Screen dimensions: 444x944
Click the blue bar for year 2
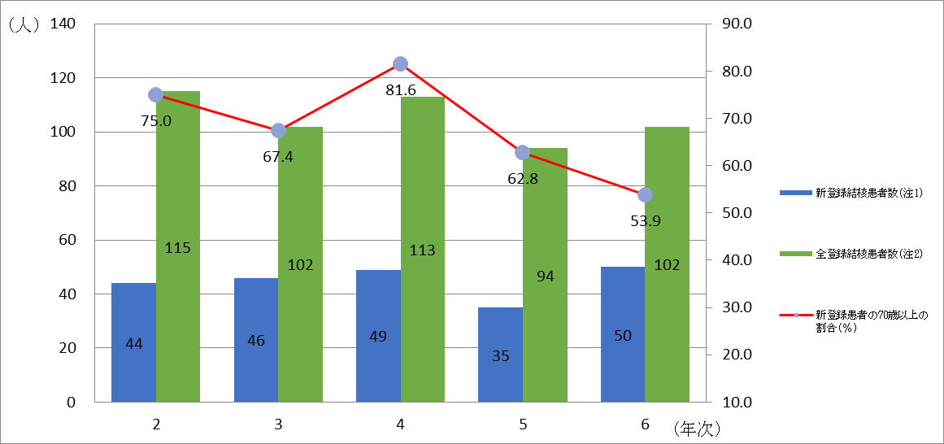pos(133,342)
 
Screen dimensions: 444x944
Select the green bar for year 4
pos(422,249)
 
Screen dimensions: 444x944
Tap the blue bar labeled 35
pos(500,355)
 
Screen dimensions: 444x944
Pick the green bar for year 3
pos(300,264)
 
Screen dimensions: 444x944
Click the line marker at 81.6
pos(400,64)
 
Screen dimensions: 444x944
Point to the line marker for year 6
pos(645,194)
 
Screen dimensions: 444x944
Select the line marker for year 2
pos(156,95)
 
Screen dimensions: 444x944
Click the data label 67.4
pos(278,157)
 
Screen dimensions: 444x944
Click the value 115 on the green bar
pos(177,248)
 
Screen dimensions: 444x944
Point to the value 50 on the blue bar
pos(623,336)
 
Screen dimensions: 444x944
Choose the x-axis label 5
pos(522,424)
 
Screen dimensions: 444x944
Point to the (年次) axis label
pos(697,425)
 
